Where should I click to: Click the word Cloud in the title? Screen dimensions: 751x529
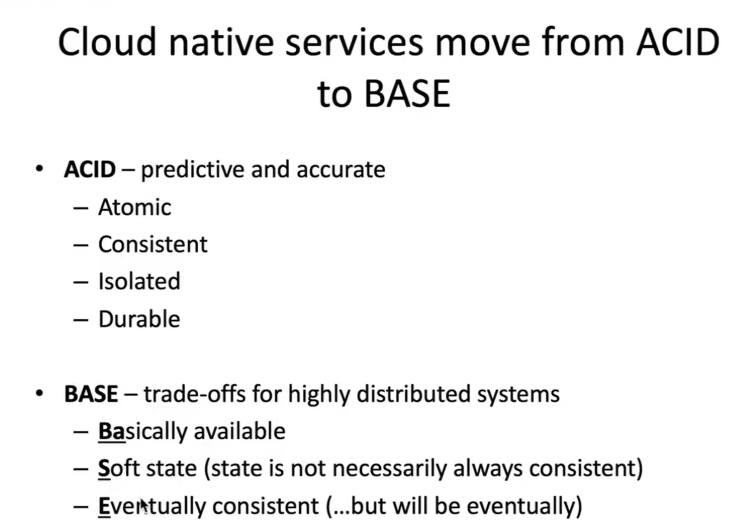click(x=107, y=42)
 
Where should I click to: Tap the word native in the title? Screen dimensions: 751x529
click(x=221, y=42)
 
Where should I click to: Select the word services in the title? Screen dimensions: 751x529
click(x=354, y=42)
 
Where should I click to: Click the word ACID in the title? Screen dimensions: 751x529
click(x=678, y=42)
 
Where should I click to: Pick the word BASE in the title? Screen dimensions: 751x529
click(x=407, y=94)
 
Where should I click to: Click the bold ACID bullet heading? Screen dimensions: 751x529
click(x=90, y=169)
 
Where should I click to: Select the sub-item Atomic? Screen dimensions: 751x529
click(x=135, y=207)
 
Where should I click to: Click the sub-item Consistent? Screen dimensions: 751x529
click(x=153, y=244)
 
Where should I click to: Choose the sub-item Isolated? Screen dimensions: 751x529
click(x=139, y=281)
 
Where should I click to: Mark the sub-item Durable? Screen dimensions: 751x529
click(x=139, y=319)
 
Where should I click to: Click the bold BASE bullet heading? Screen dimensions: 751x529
click(x=91, y=394)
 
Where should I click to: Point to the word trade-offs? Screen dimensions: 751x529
click(x=195, y=394)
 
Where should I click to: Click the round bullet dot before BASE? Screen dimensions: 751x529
click(x=40, y=393)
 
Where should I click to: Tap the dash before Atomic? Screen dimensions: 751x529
click(x=81, y=208)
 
